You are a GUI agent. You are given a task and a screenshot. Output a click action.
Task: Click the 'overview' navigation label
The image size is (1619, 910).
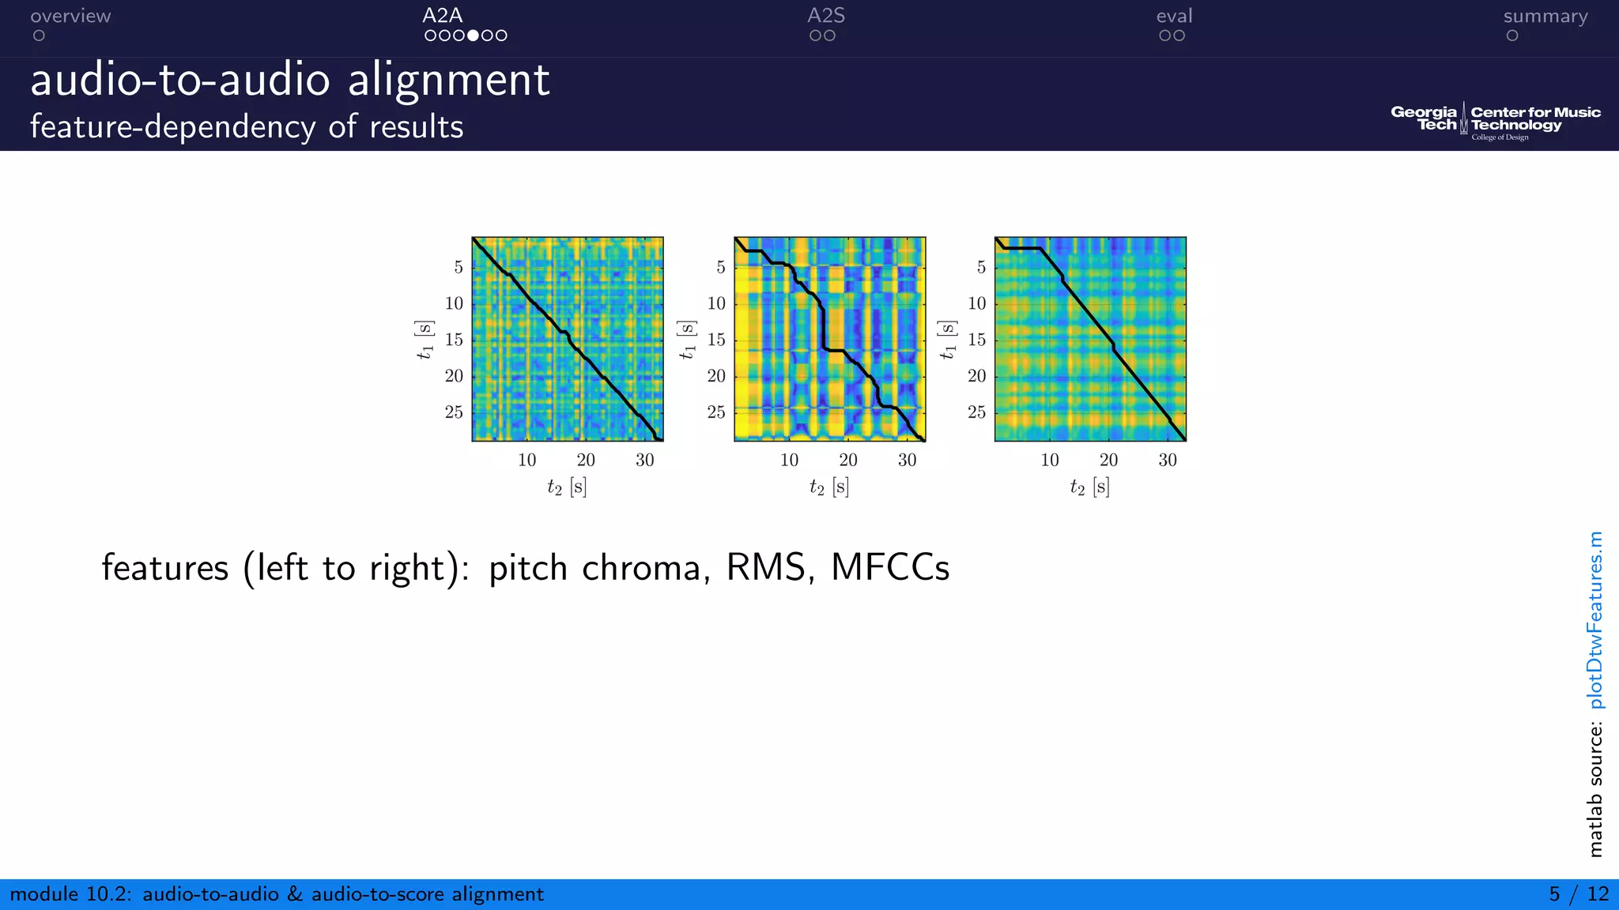tap(70, 16)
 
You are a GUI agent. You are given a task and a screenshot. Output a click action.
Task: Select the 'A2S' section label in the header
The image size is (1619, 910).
tap(826, 16)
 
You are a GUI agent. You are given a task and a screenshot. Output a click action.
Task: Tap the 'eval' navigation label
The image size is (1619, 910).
tap(1174, 16)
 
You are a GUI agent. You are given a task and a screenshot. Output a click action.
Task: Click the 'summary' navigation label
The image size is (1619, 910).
tap(1545, 16)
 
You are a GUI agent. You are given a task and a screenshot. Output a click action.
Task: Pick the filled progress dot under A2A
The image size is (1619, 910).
tap(473, 36)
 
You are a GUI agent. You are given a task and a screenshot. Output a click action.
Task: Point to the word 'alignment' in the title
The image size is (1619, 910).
tap(448, 80)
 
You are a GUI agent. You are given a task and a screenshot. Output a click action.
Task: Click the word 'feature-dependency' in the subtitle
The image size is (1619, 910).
tap(172, 126)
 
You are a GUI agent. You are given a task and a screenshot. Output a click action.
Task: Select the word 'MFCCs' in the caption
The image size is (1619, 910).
tap(890, 567)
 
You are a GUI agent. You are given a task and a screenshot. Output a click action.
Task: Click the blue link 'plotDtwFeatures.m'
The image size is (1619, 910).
tap(1595, 620)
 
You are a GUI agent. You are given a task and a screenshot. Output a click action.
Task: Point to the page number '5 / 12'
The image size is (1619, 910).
tap(1578, 893)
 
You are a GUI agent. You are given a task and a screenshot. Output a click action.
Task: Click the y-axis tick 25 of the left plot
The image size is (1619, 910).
tap(454, 412)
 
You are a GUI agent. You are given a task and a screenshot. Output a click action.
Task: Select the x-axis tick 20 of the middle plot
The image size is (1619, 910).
tap(847, 461)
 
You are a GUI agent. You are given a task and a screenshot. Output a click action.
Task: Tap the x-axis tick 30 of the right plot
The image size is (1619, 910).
tap(1168, 461)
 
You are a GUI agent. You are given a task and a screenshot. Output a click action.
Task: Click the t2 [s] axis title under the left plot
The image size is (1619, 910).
tap(567, 487)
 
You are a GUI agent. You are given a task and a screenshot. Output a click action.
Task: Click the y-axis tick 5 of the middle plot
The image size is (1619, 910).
tap(720, 268)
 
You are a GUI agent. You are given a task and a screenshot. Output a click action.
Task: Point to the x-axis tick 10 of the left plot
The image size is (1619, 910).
tap(526, 461)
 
